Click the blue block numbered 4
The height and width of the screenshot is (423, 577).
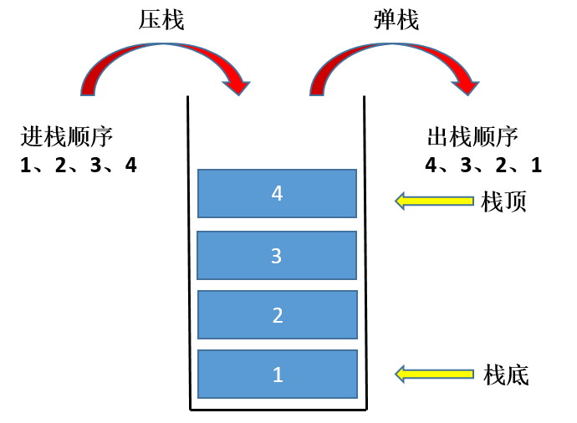coord(277,193)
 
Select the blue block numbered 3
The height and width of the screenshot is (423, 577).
coord(277,255)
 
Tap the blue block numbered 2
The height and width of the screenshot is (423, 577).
coord(277,315)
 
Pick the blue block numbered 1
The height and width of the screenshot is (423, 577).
coord(277,375)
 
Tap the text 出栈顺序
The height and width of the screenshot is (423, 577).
coord(472,136)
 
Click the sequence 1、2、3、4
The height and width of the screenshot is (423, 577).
coord(79,165)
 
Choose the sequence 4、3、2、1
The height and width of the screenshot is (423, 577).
coord(483,165)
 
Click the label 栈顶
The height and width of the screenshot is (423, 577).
coord(504,201)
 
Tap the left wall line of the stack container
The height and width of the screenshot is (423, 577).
coord(189,251)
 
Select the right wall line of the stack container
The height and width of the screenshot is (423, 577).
coord(365,251)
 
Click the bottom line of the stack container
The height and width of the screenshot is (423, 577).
coord(277,409)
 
